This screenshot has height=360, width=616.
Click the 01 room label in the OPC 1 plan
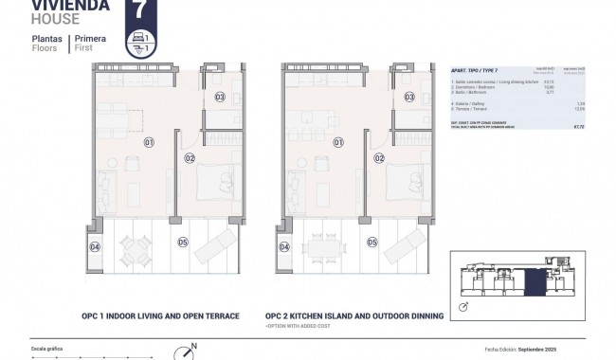click(x=148, y=142)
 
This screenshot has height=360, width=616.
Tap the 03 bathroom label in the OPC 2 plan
click(x=409, y=97)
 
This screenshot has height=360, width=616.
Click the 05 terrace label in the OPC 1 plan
click(x=183, y=242)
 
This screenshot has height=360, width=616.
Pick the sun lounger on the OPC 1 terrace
click(x=215, y=249)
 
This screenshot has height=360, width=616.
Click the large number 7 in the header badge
click(x=140, y=11)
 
